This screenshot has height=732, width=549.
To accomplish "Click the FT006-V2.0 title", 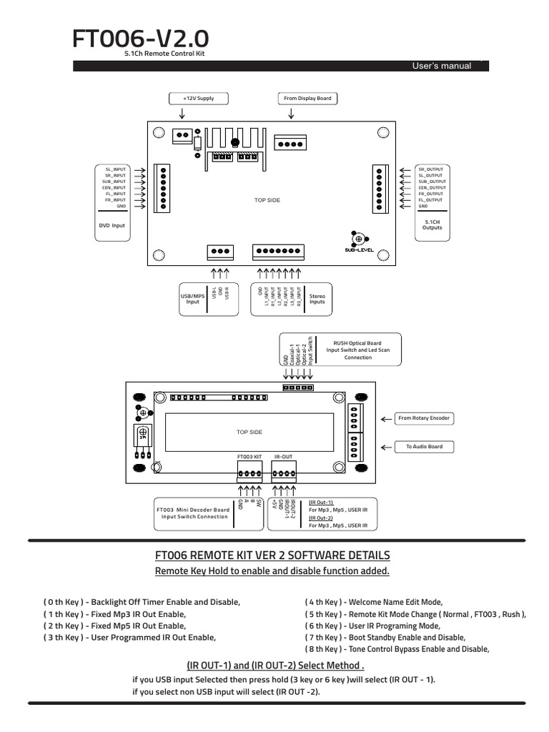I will tap(140, 39).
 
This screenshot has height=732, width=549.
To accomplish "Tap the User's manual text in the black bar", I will tap(441, 66).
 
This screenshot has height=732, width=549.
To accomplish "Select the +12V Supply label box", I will tap(197, 98).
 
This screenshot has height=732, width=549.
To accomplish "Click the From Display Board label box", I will tap(307, 98).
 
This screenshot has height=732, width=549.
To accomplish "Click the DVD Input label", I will tap(112, 225).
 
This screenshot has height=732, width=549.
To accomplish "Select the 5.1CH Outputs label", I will tap(432, 224).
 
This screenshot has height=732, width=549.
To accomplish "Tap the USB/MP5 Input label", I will tap(193, 299).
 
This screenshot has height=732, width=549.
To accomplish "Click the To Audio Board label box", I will tap(425, 447).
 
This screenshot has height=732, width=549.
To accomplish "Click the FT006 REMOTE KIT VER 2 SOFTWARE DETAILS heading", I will tap(272, 555).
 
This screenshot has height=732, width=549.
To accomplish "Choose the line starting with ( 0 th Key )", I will tap(142, 603).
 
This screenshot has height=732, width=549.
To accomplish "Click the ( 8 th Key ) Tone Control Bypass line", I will tap(397, 649).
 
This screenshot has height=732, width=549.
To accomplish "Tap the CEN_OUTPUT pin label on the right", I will tap(431, 187).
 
